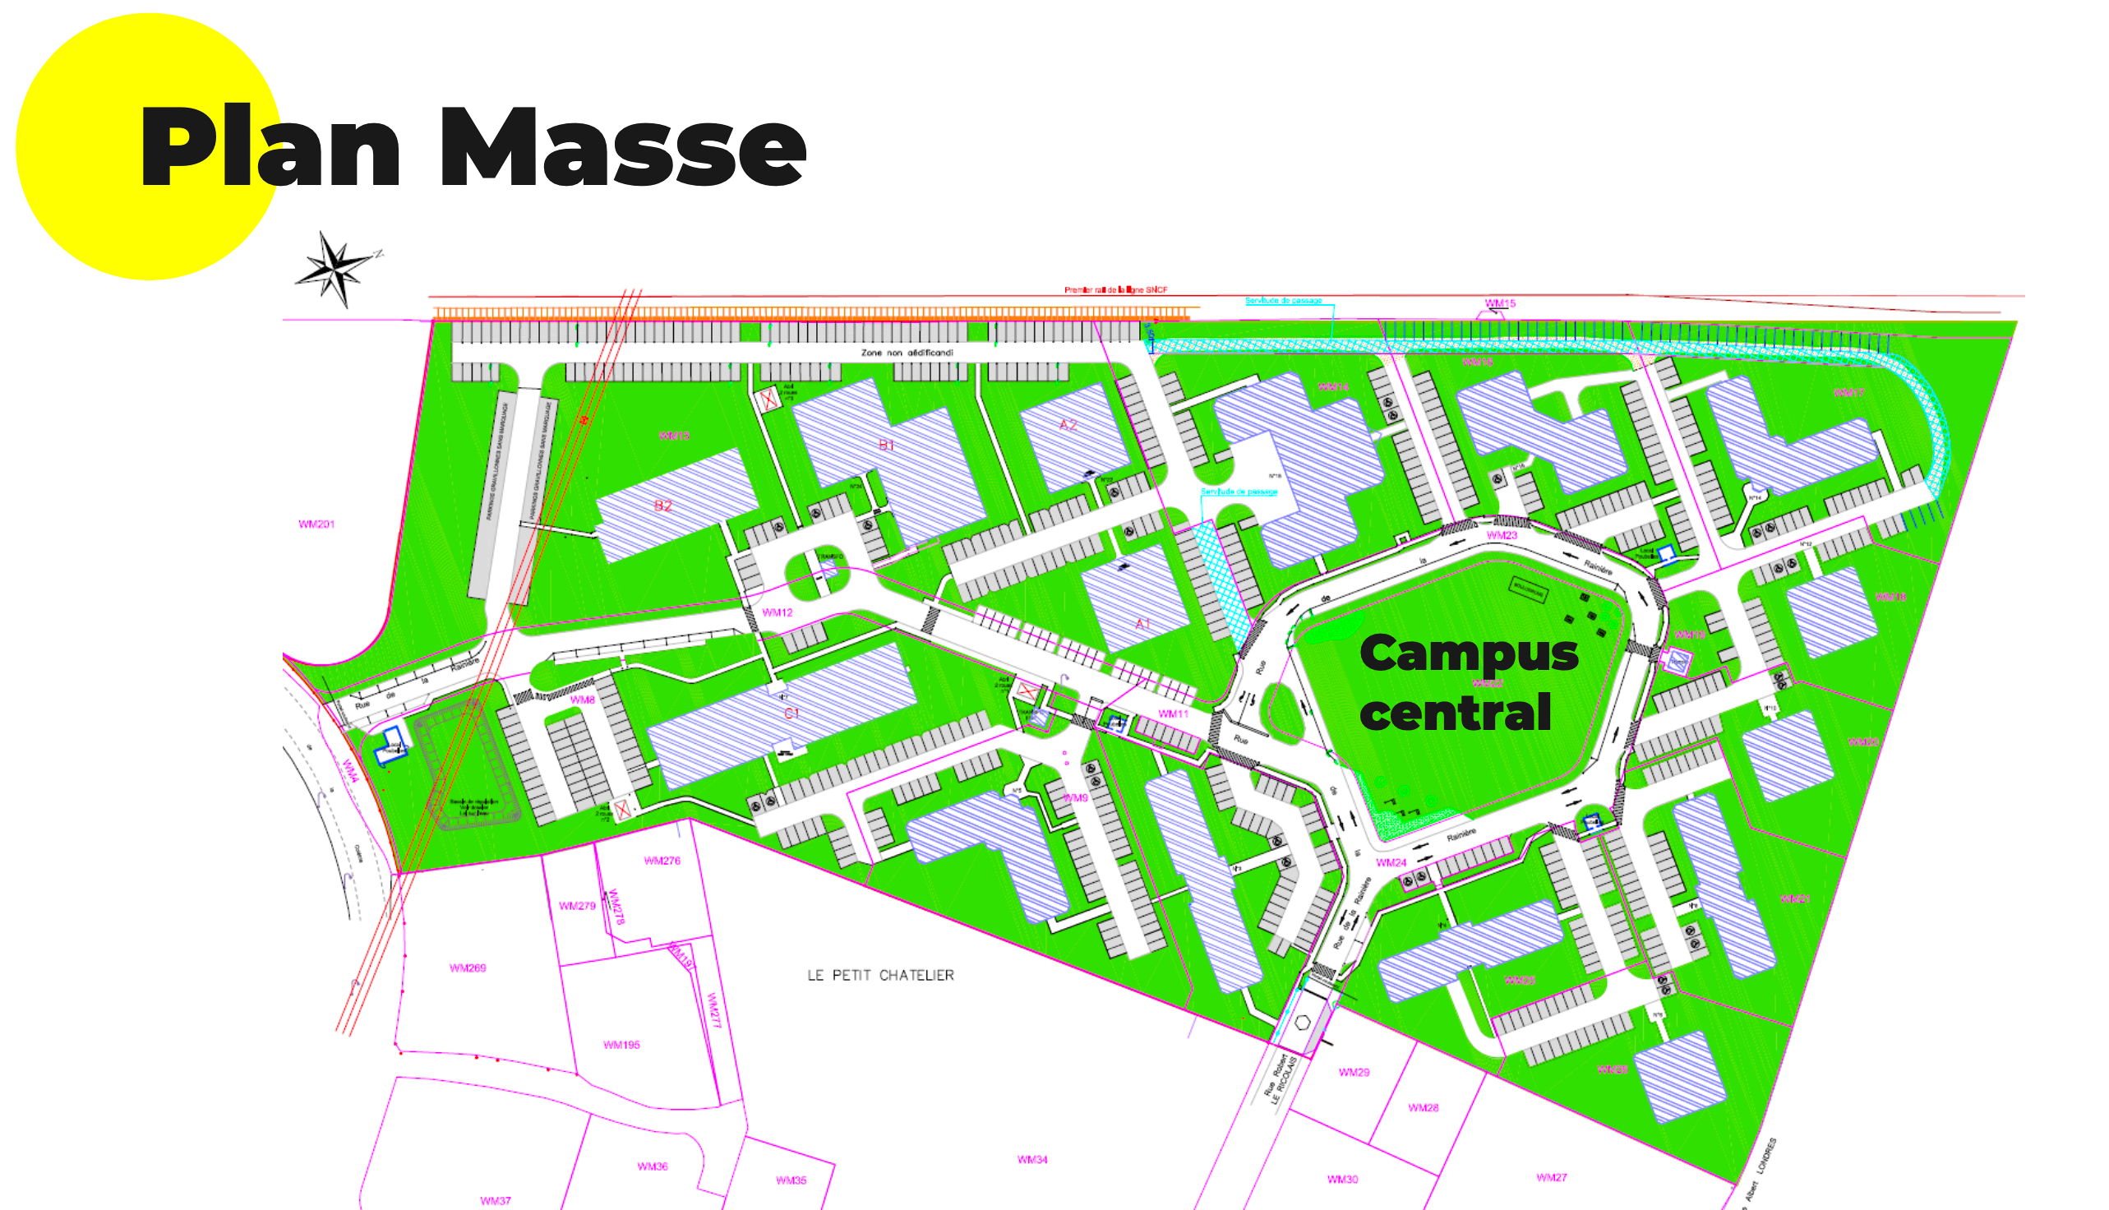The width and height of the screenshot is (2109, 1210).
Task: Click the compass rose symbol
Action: click(334, 269)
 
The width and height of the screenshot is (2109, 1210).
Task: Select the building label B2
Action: click(662, 506)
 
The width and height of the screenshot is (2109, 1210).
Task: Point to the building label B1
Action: click(887, 446)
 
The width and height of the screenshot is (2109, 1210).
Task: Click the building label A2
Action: click(1068, 425)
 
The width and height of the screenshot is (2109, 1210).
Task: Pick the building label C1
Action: click(791, 713)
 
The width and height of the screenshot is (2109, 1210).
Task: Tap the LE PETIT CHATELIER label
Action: click(880, 975)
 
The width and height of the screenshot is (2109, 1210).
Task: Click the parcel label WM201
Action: click(316, 524)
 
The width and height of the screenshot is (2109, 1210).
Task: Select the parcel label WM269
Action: click(467, 968)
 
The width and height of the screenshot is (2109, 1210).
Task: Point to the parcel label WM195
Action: click(621, 1045)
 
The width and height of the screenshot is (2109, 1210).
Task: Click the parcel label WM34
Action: click(1031, 1159)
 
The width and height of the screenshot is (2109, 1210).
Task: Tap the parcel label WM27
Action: click(1551, 1178)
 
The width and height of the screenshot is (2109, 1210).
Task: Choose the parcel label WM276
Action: click(662, 861)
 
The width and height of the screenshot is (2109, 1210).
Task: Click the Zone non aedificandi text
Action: click(907, 353)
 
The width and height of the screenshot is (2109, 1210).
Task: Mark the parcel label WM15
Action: click(1500, 303)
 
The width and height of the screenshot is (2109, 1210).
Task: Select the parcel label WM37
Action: click(496, 1201)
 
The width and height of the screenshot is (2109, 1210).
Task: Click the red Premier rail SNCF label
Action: click(1115, 290)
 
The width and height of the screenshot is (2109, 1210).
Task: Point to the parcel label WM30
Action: click(1342, 1180)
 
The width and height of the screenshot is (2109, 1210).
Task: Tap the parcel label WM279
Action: click(577, 906)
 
